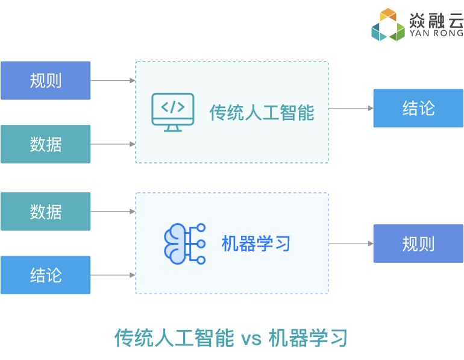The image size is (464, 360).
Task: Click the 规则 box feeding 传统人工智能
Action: (46, 81)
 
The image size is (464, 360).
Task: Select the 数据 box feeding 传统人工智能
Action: (46, 144)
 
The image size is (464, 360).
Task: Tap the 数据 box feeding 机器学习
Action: (46, 212)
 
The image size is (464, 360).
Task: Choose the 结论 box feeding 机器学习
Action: (46, 275)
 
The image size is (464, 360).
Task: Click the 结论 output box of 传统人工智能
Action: (418, 109)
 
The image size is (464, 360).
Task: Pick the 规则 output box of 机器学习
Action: (418, 244)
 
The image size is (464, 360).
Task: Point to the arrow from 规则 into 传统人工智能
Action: (113, 81)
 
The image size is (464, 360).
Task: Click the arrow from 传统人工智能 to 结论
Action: (351, 109)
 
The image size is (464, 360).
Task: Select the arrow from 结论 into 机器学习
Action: (113, 275)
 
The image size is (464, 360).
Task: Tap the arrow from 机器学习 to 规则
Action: (351, 244)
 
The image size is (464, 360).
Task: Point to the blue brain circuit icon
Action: (184, 244)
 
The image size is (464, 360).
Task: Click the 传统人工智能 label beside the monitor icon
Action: (262, 113)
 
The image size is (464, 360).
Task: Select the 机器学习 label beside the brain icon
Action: (256, 244)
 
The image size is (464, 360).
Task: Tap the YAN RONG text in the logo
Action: (436, 33)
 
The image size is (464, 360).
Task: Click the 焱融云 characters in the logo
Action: (436, 20)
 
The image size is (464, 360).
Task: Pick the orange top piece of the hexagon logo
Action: (388, 14)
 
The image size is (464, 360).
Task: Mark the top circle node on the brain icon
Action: (201, 228)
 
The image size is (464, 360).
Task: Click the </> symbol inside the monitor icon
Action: (173, 107)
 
